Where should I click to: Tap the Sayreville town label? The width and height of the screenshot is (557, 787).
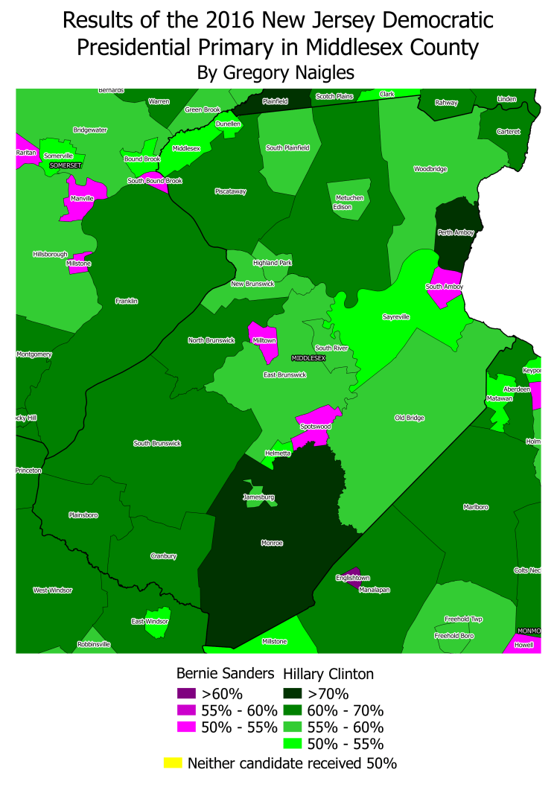395,316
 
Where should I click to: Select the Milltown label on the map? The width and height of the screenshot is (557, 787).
264,340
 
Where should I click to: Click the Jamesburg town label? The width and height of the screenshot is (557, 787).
258,497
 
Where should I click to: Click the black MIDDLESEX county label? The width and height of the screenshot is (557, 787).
308,358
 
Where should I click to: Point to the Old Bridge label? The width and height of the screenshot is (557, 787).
409,418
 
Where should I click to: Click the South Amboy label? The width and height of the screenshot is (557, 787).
445,287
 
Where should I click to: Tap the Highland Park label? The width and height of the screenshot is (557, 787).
272,263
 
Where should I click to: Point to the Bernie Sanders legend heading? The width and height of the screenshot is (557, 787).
226,674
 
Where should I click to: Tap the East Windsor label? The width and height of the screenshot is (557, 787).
149,621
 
